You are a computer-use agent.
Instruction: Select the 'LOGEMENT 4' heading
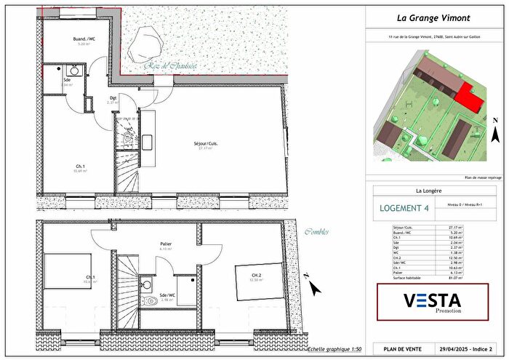tap(405, 208)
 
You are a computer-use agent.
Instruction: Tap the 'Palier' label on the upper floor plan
tap(166, 244)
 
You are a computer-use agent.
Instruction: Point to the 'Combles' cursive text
tap(316, 232)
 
